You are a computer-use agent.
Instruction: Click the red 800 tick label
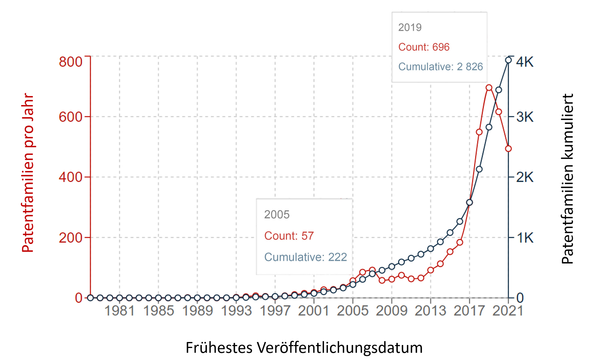(70, 62)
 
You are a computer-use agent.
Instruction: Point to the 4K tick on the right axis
(525, 62)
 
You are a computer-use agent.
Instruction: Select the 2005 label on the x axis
(352, 310)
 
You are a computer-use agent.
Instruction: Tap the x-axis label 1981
(119, 310)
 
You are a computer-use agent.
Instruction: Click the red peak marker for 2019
(489, 88)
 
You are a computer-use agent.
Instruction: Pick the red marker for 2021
(508, 148)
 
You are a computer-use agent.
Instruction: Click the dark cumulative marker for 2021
(508, 60)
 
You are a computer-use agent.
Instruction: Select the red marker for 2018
(479, 132)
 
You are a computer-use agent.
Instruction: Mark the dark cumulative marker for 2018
(479, 169)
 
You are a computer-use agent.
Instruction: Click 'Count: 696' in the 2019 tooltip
(424, 47)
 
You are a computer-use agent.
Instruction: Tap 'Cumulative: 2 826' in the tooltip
(440, 67)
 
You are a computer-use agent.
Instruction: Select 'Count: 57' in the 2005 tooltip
(289, 236)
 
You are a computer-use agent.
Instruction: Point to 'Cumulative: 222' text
(305, 257)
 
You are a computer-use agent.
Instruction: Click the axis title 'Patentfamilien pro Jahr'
(28, 173)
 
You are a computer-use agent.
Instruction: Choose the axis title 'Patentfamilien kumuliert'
(567, 179)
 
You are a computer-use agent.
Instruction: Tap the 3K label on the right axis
(525, 117)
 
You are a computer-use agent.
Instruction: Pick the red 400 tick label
(70, 177)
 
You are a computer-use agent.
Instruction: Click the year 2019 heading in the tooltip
(410, 28)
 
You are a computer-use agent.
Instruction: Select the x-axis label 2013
(430, 310)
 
